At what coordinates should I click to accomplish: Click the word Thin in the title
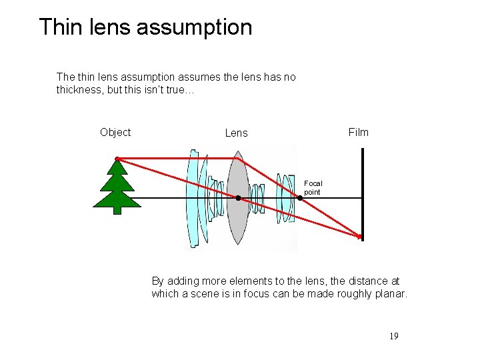tap(59, 27)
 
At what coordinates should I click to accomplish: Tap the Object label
tap(115, 132)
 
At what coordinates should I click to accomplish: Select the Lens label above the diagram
tap(236, 133)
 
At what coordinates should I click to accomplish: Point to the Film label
tap(358, 132)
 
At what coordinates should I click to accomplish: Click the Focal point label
tap(313, 187)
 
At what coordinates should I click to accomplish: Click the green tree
tap(117, 183)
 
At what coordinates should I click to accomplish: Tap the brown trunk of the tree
tap(117, 209)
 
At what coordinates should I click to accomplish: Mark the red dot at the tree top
tap(117, 159)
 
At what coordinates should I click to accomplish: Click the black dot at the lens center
tap(237, 198)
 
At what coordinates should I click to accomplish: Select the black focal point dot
tap(300, 198)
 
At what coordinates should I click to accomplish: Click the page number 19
tap(393, 336)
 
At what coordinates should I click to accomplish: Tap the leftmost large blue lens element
tap(193, 200)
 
